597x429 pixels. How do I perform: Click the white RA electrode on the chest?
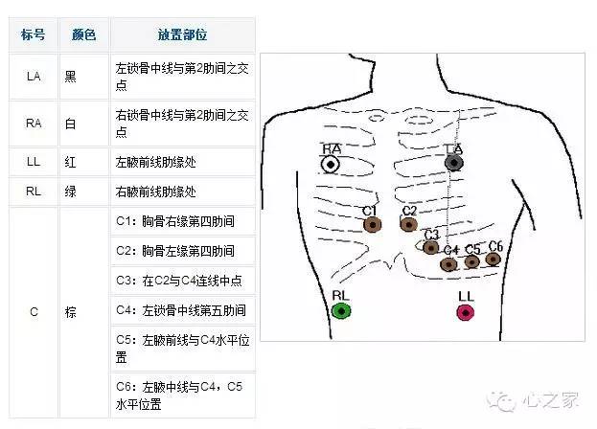coord(331,165)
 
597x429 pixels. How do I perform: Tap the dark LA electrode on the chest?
coord(454,164)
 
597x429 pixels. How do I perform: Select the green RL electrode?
coord(341,310)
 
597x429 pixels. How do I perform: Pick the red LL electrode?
coord(466,311)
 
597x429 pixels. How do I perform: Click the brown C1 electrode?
coord(372,225)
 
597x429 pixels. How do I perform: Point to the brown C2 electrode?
coord(409,225)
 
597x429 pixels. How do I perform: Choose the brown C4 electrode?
coord(449,263)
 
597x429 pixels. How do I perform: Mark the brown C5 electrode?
coord(471,261)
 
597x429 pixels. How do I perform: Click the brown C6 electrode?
coord(494,259)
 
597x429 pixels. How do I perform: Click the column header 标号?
coord(34,34)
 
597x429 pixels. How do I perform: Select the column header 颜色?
coord(83,34)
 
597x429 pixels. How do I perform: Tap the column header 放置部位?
coord(182,34)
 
